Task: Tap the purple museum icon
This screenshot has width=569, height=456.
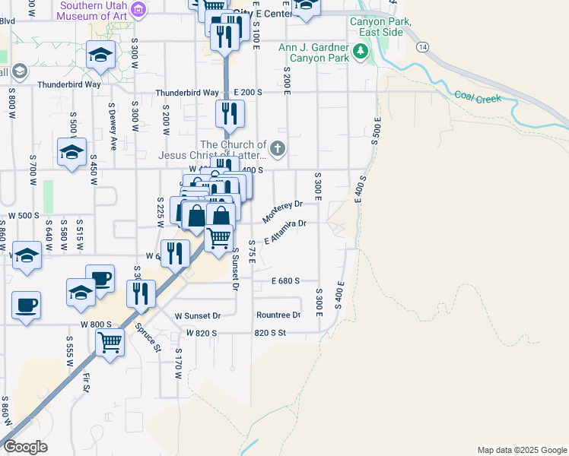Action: (138, 8)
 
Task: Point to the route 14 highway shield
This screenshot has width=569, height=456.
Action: (423, 46)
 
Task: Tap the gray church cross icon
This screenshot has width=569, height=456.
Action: (278, 148)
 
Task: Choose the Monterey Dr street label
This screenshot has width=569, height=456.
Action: (283, 211)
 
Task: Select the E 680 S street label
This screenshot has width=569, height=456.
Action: (285, 281)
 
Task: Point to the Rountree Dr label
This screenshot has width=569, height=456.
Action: (278, 315)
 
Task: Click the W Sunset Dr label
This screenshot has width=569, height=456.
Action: (197, 315)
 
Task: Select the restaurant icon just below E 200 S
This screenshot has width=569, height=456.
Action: (229, 113)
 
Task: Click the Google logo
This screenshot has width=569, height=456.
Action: (25, 447)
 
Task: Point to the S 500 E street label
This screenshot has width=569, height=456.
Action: (375, 131)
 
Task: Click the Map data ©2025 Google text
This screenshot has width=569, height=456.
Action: (522, 450)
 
